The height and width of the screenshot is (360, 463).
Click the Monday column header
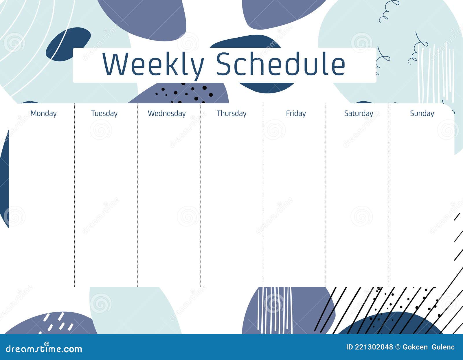(x=43, y=113)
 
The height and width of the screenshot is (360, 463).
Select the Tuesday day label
(x=104, y=113)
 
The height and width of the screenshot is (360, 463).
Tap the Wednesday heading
(x=167, y=113)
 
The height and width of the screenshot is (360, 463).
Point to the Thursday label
(x=231, y=113)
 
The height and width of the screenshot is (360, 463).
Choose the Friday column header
(x=296, y=113)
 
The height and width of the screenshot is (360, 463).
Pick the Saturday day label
(x=359, y=113)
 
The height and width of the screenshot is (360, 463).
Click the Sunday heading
(x=422, y=113)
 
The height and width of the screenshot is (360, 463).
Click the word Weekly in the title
(x=153, y=64)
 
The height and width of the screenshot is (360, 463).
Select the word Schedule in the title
(x=281, y=64)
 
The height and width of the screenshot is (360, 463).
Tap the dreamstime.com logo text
(x=44, y=349)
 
